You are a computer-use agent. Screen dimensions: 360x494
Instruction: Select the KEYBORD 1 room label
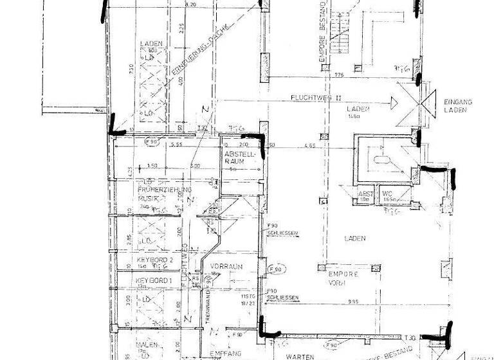tap(154, 282)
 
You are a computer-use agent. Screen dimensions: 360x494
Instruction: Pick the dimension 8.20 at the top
tap(190, 5)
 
